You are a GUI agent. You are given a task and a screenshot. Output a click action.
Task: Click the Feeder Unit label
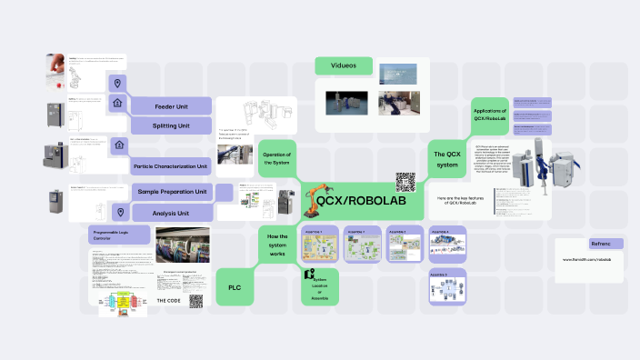(x=171, y=105)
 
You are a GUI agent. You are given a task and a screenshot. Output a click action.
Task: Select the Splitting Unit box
(x=171, y=125)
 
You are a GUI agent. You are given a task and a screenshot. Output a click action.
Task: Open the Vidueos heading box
(x=344, y=65)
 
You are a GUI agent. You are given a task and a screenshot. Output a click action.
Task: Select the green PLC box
(x=234, y=287)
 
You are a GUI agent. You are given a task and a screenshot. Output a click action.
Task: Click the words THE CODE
(x=169, y=300)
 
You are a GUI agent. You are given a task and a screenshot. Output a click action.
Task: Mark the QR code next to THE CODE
(x=195, y=300)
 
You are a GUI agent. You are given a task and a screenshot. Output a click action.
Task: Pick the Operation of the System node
(x=276, y=158)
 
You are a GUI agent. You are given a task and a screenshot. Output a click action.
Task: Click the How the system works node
(x=277, y=245)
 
